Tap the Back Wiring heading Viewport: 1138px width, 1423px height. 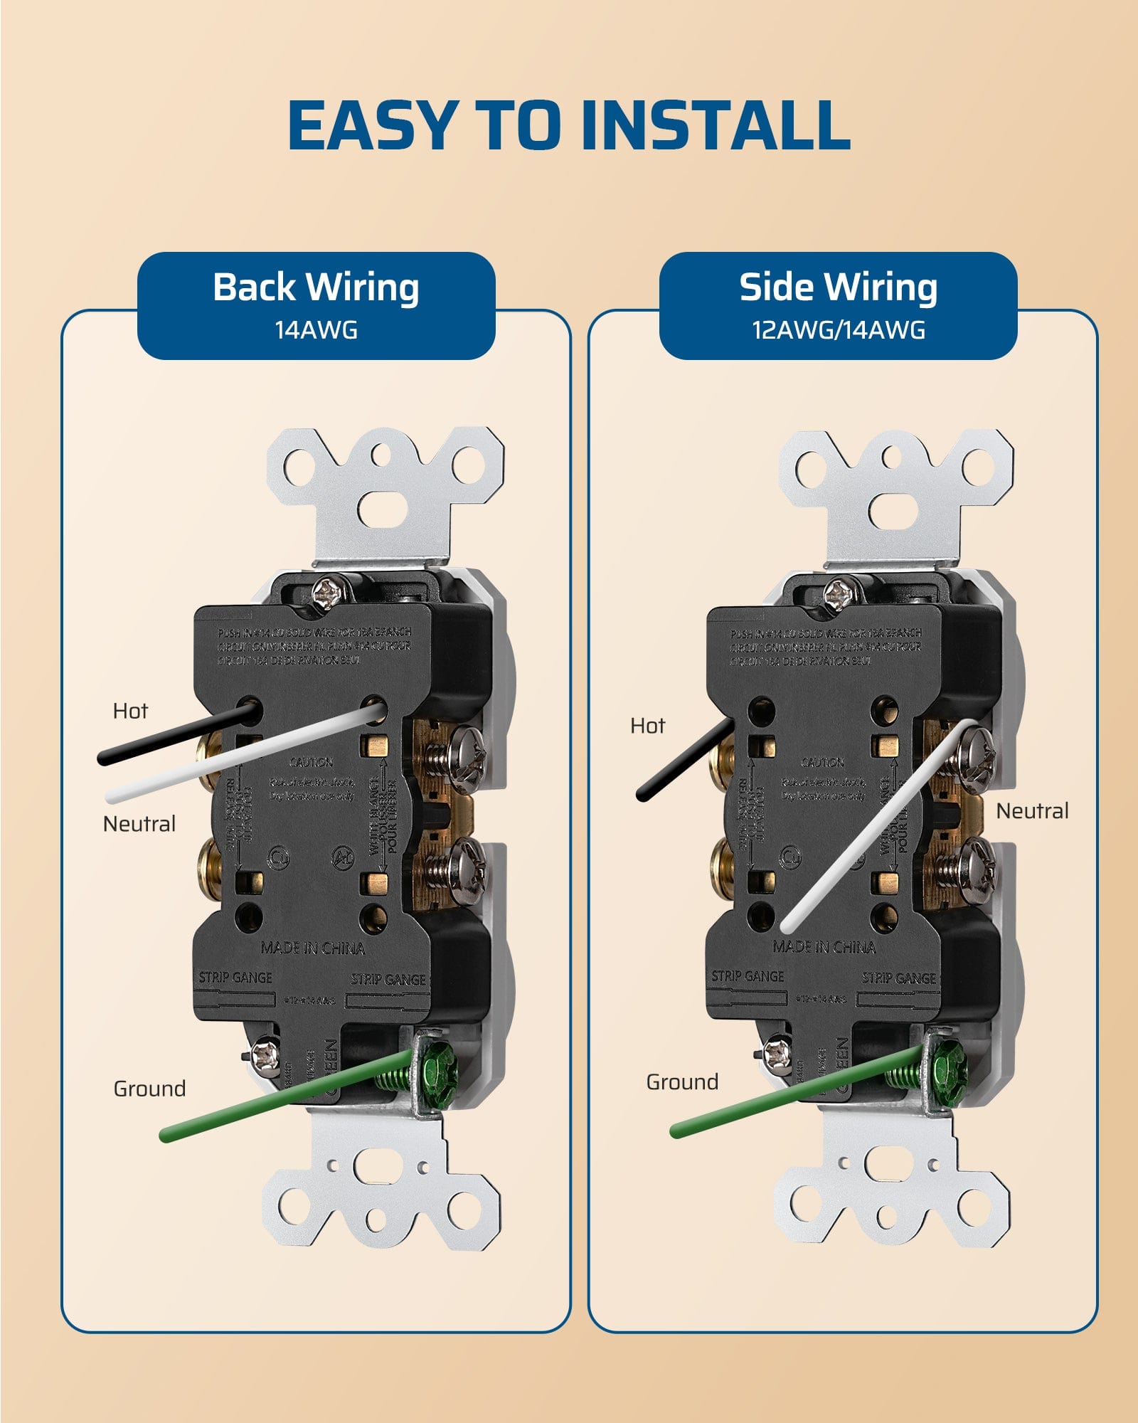[316, 287]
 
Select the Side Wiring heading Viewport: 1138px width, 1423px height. [838, 287]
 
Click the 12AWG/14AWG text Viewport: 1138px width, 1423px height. [839, 330]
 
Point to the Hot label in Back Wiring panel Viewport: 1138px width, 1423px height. [130, 711]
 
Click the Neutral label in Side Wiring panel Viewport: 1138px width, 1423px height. [1032, 811]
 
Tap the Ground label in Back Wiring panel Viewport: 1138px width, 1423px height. [149, 1089]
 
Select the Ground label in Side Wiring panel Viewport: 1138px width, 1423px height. [682, 1082]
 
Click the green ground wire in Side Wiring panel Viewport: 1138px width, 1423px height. [782, 1094]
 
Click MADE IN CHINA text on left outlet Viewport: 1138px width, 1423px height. [312, 948]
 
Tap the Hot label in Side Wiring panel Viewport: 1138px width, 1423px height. [647, 726]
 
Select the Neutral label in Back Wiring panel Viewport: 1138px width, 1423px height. [139, 824]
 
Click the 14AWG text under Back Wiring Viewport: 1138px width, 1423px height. [316, 330]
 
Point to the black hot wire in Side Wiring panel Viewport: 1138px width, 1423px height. [683, 761]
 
